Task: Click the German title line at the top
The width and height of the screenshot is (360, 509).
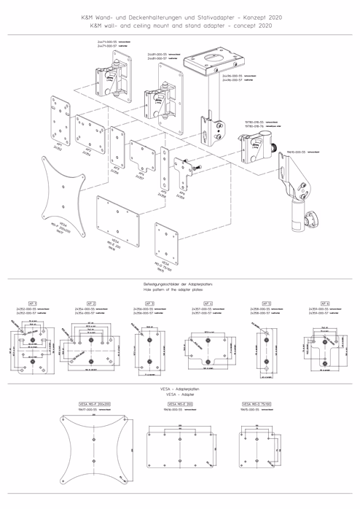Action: pos(180,16)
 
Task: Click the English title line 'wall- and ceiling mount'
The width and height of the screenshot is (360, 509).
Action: pos(180,24)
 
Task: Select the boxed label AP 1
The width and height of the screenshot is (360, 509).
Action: pos(32,303)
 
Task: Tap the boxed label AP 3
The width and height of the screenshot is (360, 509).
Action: pos(149,303)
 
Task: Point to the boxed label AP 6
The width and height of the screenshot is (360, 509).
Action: pos(324,303)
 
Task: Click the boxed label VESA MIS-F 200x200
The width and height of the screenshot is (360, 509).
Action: pos(94,403)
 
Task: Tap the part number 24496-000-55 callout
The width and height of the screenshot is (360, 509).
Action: pos(235,96)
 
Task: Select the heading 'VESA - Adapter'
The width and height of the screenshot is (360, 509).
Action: pos(180,394)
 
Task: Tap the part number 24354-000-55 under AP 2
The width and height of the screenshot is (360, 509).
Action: pos(88,309)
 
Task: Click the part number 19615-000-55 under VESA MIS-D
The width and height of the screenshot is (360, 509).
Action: pos(251,410)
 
